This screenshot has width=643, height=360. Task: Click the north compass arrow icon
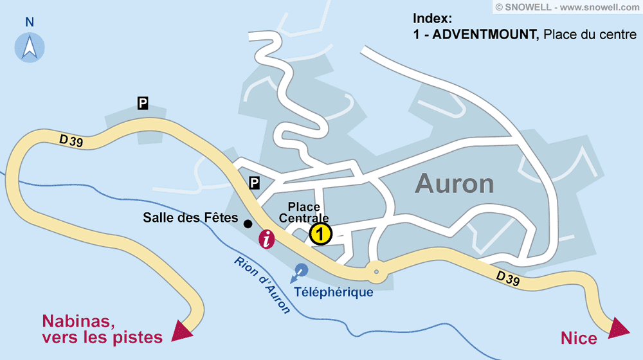[30, 47]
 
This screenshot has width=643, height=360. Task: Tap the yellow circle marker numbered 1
[320, 234]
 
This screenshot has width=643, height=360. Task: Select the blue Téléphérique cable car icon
[300, 271]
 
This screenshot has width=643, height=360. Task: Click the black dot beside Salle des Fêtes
[248, 224]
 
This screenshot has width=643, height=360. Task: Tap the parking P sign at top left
[143, 102]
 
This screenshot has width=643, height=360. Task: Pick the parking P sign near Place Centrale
[255, 183]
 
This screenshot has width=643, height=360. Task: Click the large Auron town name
[454, 184]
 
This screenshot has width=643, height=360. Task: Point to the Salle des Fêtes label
[190, 218]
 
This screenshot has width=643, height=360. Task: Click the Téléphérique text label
[334, 292]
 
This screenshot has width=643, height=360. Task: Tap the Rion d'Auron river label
[262, 285]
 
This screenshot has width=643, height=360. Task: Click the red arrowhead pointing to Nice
[619, 327]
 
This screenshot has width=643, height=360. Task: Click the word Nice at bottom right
[579, 338]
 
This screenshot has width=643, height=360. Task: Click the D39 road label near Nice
[508, 280]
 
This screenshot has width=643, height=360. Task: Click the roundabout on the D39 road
[376, 272]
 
